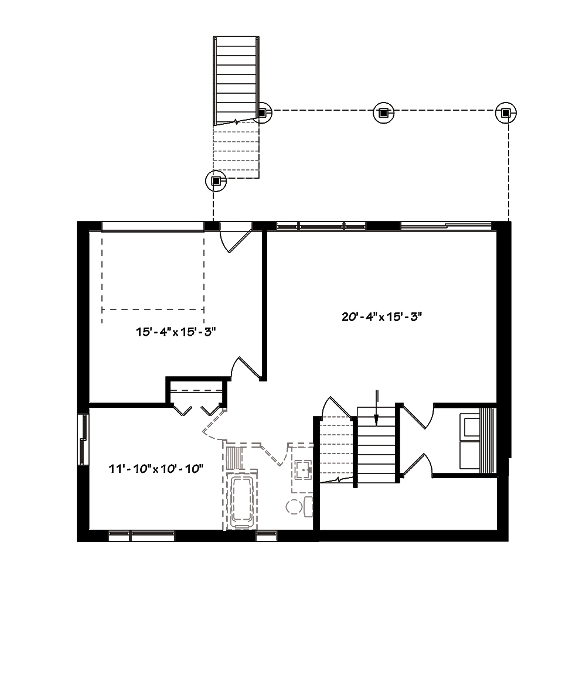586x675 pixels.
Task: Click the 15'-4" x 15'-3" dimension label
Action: [x=176, y=332]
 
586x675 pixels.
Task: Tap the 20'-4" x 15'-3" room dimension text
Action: [x=382, y=317]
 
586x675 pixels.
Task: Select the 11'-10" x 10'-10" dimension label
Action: [x=156, y=468]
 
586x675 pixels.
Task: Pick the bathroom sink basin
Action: [x=303, y=469]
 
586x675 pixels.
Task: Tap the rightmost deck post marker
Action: [x=505, y=112]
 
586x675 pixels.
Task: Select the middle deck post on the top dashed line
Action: [x=383, y=112]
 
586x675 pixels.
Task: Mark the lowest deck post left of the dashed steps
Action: [x=215, y=181]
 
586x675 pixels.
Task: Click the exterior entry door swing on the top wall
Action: [x=234, y=237]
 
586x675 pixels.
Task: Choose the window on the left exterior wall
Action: [x=83, y=440]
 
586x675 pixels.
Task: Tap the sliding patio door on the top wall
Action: [x=446, y=225]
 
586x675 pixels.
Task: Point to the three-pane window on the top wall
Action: [x=321, y=225]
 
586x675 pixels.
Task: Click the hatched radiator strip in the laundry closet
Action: [x=488, y=439]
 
